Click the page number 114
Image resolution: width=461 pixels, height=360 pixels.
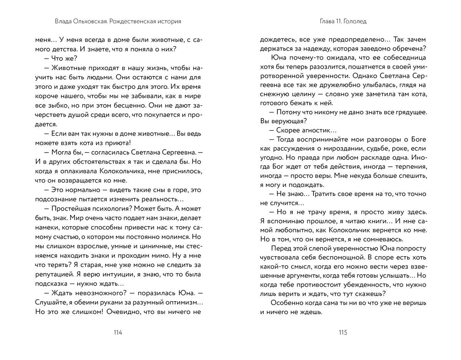click(x=118, y=333)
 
